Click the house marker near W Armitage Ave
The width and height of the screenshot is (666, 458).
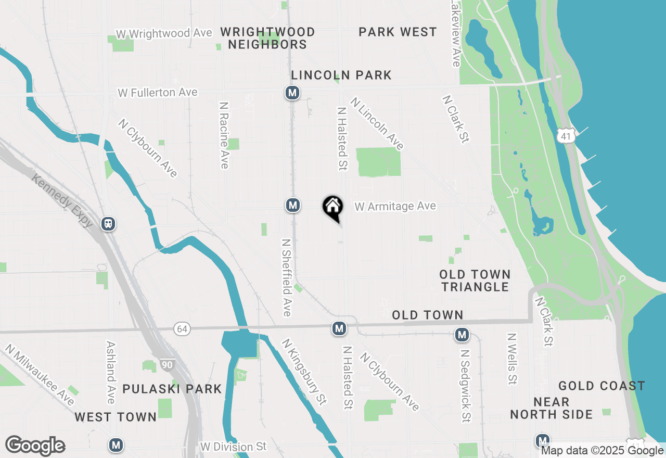point(333,207)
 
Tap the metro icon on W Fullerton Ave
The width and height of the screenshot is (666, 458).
point(292,93)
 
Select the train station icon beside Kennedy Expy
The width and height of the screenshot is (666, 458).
point(108,224)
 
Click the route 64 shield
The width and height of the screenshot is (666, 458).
point(182,329)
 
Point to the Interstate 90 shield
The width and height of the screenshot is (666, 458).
point(166,365)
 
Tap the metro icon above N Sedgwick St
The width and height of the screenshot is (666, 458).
point(462,335)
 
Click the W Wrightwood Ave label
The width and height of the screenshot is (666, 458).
point(164,33)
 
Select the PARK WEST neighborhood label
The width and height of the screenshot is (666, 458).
point(398,32)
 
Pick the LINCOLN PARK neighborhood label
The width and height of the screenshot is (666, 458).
point(341,75)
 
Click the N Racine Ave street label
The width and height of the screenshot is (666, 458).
point(224,135)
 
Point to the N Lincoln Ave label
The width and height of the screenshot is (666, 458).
point(377,124)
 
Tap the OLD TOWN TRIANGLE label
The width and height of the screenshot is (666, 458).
point(475,281)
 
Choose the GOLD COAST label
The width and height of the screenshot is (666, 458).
point(601,386)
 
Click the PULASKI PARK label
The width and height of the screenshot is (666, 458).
point(172,389)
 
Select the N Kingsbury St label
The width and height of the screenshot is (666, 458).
point(304,372)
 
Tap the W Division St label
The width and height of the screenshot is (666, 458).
point(233,447)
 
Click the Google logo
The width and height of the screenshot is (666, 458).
point(35,446)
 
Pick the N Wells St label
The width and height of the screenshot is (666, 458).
point(513,359)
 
